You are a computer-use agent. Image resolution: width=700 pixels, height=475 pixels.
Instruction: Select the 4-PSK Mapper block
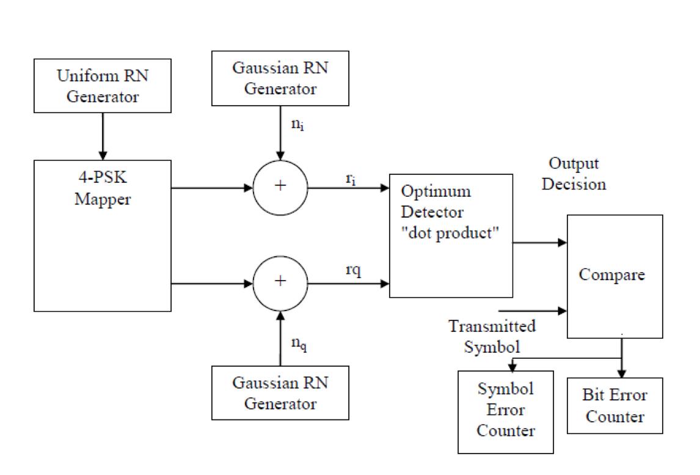103,235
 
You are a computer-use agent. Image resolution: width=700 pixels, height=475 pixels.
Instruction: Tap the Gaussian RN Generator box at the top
280,78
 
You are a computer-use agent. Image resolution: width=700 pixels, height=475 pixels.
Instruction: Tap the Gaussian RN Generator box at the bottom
280,392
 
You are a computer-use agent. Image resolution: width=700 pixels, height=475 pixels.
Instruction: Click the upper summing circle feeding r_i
280,187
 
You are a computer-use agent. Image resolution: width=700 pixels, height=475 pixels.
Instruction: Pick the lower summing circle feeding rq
280,282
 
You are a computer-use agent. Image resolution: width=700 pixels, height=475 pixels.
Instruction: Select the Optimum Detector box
450,235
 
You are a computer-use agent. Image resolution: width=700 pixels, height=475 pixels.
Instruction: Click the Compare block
614,276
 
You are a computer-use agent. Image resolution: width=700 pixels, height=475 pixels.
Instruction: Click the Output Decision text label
574,174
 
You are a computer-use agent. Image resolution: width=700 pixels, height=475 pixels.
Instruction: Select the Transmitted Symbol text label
492,336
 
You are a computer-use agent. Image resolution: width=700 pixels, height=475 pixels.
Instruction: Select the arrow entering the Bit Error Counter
622,367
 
